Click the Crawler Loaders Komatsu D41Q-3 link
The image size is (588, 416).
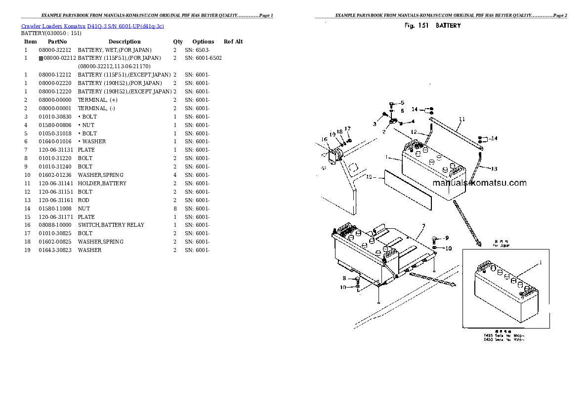coord(92,26)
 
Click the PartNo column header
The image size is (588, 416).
coord(57,42)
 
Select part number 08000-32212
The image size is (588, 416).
coord(55,50)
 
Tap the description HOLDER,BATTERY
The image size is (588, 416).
coord(102,183)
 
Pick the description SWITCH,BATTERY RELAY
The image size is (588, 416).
coord(111,225)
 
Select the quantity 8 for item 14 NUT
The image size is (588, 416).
coord(175,208)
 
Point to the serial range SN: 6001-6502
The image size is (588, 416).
coord(203,58)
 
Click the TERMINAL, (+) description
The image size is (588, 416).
coord(97,100)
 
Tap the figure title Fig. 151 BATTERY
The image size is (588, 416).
coord(432,25)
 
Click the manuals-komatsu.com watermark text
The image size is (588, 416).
coord(479,183)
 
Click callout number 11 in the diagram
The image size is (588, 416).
coord(462,119)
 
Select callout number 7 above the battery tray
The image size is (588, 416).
coord(423,226)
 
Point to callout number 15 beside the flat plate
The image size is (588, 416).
coord(369,176)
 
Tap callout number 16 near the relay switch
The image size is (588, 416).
coord(325,139)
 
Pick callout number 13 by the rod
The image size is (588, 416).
coord(495,168)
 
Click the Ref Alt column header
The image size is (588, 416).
coord(233,42)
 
